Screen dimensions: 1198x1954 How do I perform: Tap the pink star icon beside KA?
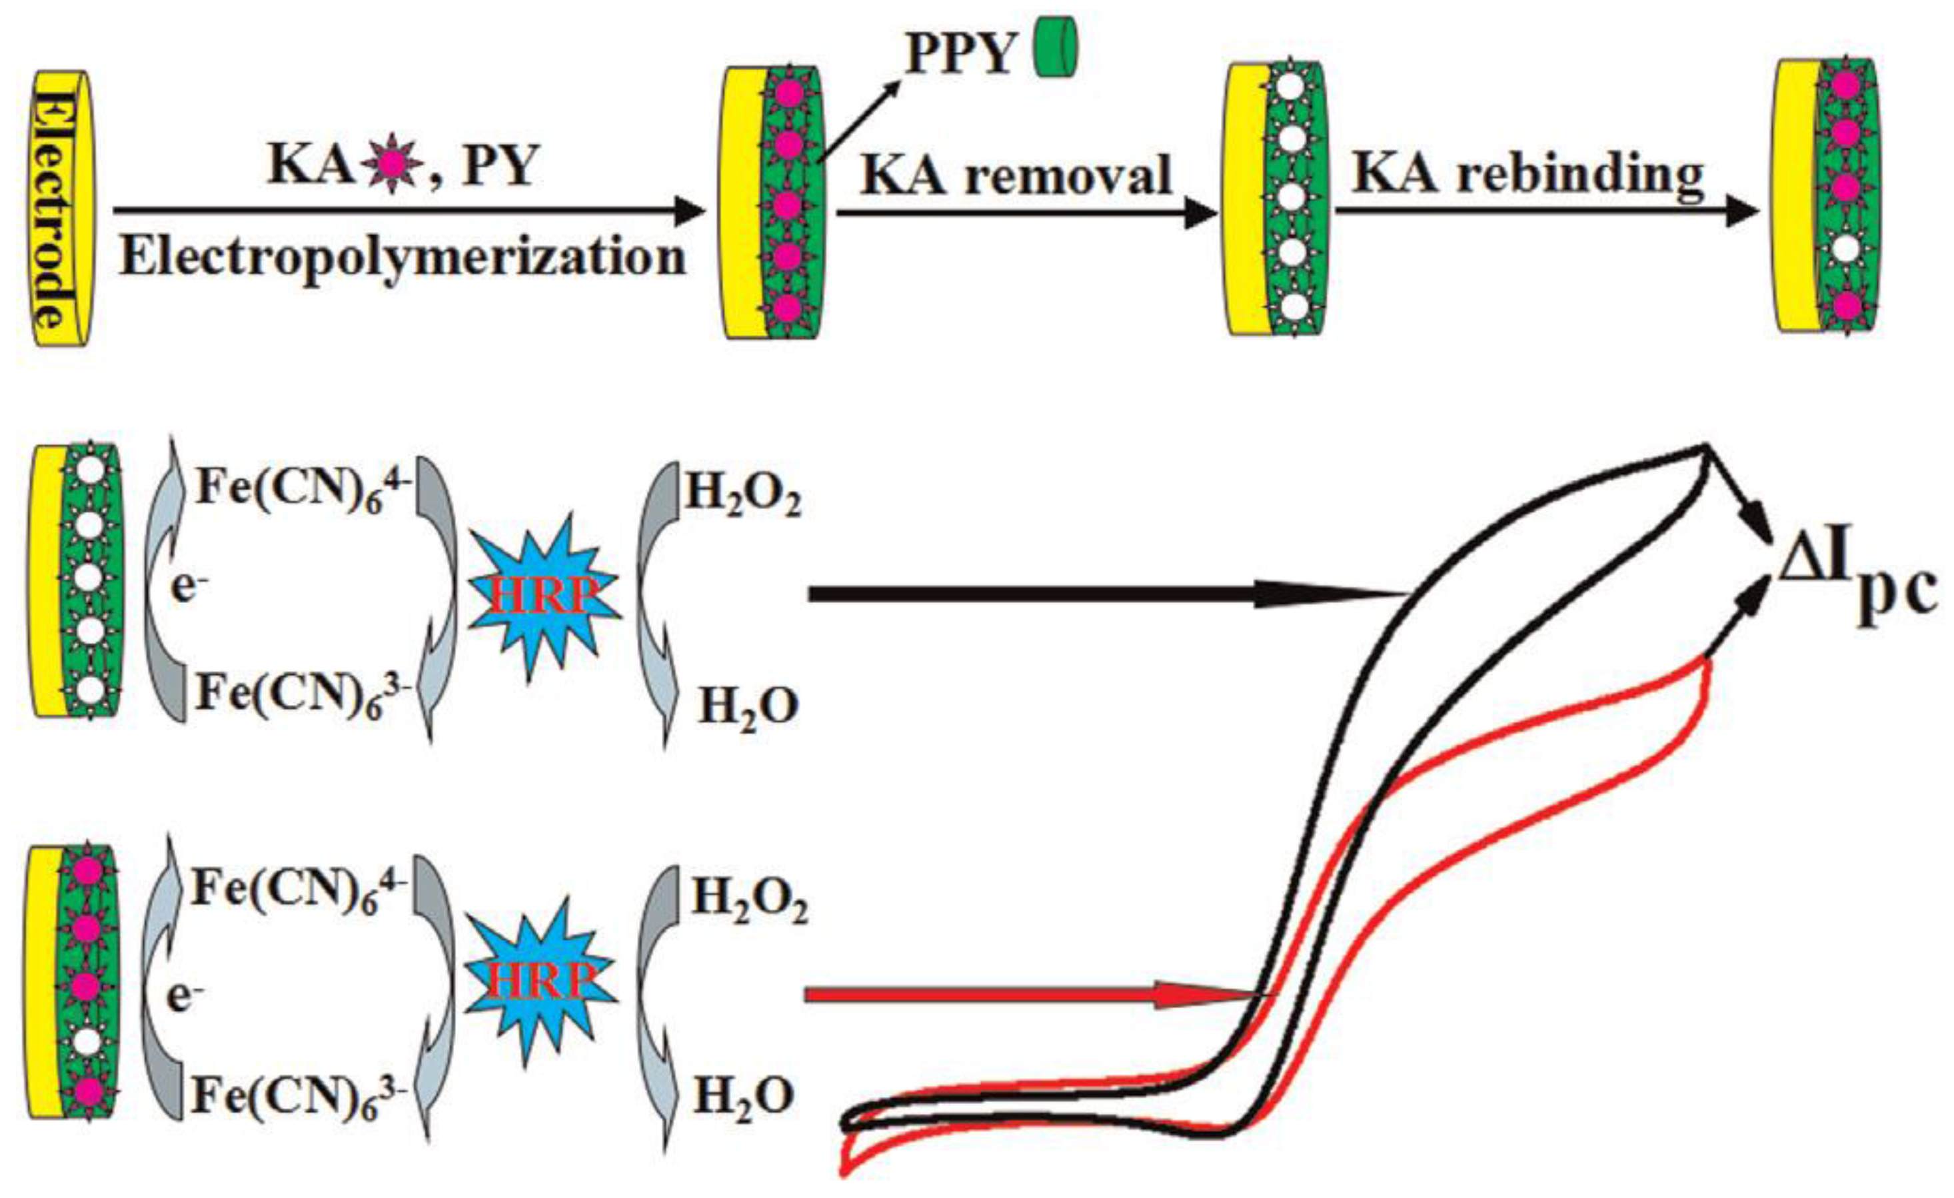coord(389,167)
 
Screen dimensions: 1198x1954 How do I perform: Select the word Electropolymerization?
coord(402,258)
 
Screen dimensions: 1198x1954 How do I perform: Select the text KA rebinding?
coord(1527,172)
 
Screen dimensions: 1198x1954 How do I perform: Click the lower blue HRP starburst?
coord(540,981)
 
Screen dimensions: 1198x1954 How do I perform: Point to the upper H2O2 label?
coord(743,496)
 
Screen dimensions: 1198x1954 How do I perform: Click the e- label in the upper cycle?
coord(184,588)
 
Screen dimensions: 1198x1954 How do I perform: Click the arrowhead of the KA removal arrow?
coord(1202,213)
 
